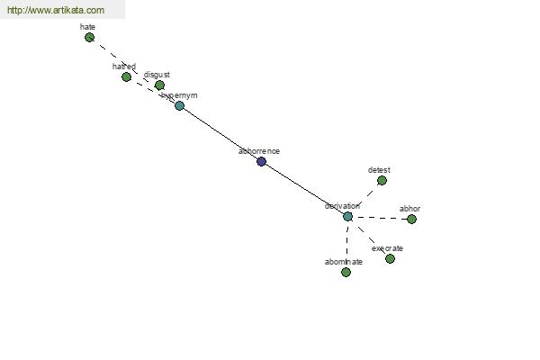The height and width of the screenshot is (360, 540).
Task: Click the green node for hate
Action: pos(89,37)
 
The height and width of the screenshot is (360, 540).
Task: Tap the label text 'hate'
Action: pos(87,27)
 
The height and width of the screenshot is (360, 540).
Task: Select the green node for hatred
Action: pos(126,76)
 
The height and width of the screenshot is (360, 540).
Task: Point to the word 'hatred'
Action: pos(124,67)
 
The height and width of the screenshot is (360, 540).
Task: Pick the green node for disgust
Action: pos(159,85)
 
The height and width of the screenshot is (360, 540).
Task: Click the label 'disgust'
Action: pos(157,75)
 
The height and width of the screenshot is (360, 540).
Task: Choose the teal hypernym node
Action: pos(179,105)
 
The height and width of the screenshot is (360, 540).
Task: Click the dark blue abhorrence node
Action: pos(261,161)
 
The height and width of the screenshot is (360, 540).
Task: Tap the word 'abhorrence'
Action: pos(259,151)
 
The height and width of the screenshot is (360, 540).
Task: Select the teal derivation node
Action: pos(347,216)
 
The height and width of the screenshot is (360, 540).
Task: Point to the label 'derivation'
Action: pos(343,206)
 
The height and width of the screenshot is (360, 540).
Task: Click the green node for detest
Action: pos(382,180)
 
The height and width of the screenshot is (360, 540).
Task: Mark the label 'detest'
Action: pos(379,169)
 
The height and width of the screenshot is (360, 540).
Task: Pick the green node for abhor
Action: pos(411,219)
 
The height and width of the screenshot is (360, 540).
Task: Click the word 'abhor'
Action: pos(409,209)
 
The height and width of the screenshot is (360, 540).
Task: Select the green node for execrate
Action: pos(390,258)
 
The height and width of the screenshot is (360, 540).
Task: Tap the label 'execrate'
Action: pos(387,248)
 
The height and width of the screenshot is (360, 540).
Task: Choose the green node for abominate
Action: pos(346,272)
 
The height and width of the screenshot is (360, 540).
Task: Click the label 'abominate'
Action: pos(344,262)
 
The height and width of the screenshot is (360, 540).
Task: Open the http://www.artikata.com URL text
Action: pos(56,11)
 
